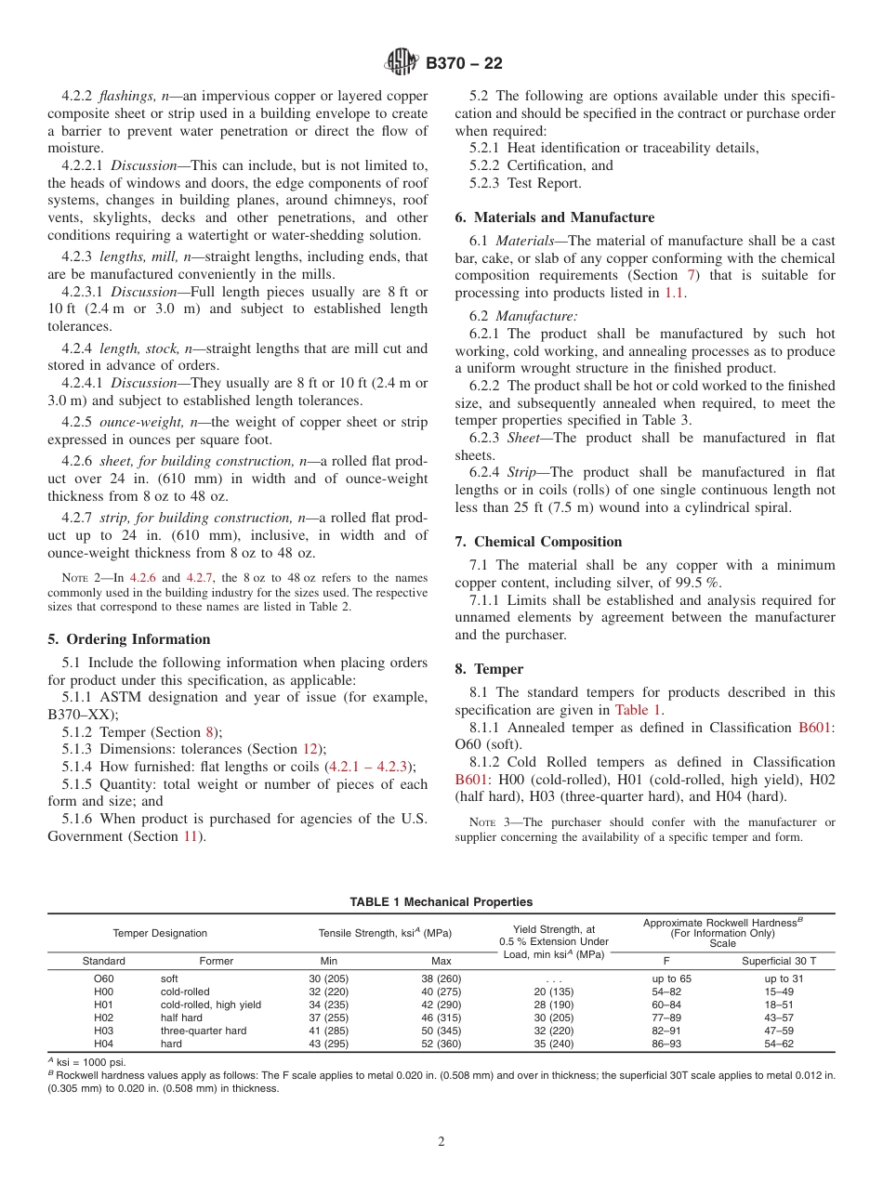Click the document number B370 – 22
pyautogui.click(x=464, y=63)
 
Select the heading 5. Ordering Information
pyautogui.click(x=128, y=639)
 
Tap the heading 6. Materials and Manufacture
pyautogui.click(x=554, y=217)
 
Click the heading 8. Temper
pyautogui.click(x=489, y=669)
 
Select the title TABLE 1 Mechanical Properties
pyautogui.click(x=441, y=901)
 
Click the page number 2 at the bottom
pyautogui.click(x=441, y=1142)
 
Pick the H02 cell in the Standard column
pyautogui.click(x=103, y=1018)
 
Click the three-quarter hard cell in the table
pyautogui.click(x=204, y=1031)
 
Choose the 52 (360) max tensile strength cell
pyautogui.click(x=441, y=1044)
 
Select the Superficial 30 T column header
pyautogui.click(x=778, y=961)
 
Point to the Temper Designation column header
pyautogui.click(x=160, y=933)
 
